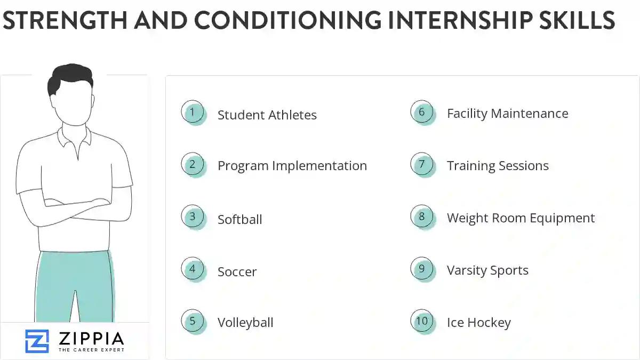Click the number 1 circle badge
(193, 113)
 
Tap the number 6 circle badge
(422, 113)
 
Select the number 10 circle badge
(422, 321)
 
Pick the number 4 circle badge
(193, 269)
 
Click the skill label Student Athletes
(267, 115)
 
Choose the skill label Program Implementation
(292, 166)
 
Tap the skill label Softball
(239, 219)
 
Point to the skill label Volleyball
(245, 323)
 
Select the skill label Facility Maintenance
(507, 114)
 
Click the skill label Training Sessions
(498, 166)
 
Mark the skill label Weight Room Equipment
(521, 218)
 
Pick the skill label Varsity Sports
(487, 270)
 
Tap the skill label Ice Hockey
(478, 323)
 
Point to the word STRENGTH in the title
(64, 21)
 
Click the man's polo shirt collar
(74, 137)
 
